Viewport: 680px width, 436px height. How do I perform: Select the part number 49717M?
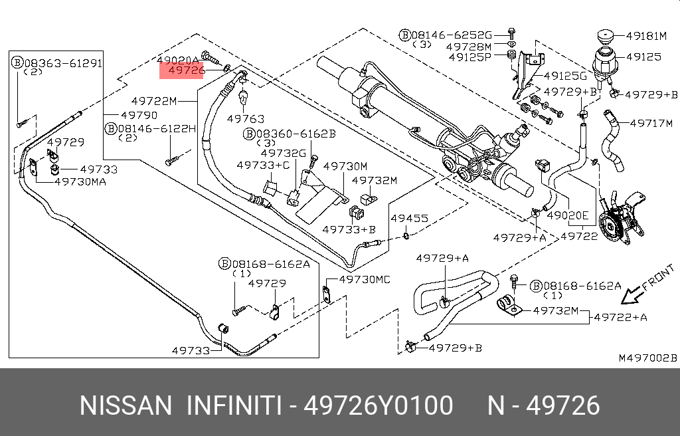tap(651, 124)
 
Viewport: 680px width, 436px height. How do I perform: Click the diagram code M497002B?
tap(647, 358)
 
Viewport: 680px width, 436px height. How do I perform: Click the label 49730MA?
tap(80, 181)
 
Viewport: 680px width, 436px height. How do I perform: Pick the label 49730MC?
tap(365, 279)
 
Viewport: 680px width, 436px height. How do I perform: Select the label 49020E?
tap(568, 215)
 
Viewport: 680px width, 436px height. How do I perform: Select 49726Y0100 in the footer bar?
tap(378, 405)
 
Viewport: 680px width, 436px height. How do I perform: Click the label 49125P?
tap(470, 57)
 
